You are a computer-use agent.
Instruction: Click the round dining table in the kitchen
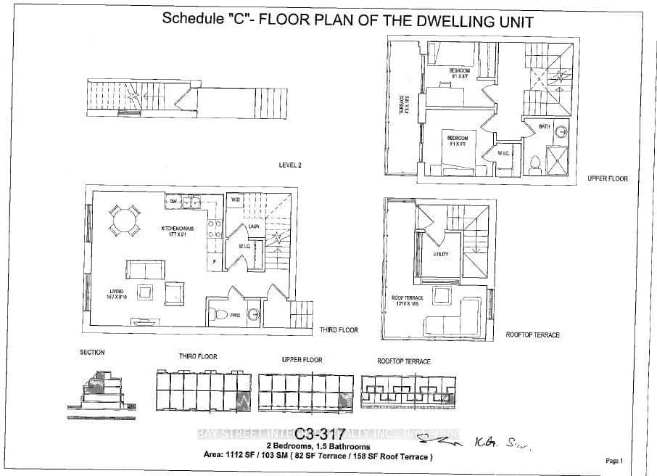click(125, 220)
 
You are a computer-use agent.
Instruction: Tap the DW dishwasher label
click(174, 202)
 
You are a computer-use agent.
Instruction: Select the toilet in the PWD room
click(218, 314)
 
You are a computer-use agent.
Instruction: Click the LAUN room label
click(254, 226)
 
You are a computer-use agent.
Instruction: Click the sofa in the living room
click(145, 268)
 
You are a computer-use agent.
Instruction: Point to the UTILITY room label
click(441, 254)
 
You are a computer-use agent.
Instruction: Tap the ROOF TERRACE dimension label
click(408, 301)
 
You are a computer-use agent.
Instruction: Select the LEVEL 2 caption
click(290, 165)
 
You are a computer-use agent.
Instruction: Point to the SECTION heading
click(92, 352)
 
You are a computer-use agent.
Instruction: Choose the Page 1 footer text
click(613, 461)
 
